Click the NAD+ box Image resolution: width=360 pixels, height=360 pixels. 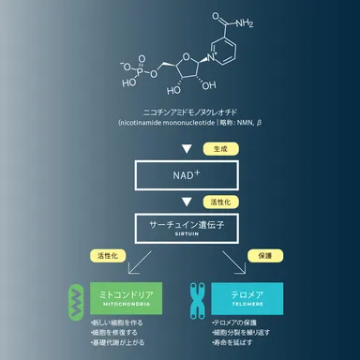[x=179, y=174]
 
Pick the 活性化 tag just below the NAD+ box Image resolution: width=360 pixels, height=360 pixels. [x=220, y=201]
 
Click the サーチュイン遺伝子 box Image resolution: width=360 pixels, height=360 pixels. [x=179, y=228]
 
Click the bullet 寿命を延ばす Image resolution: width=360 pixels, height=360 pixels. [x=237, y=344]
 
